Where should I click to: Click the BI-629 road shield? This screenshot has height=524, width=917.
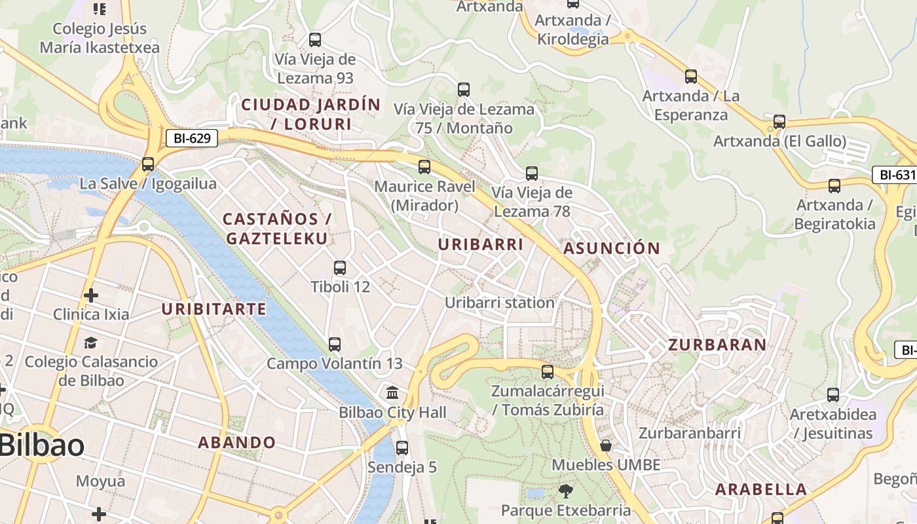click(x=191, y=138)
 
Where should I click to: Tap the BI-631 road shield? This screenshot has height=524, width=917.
click(x=894, y=175)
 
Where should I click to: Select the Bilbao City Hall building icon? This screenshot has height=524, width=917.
click(x=392, y=393)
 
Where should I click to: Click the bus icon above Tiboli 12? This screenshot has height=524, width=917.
click(x=339, y=267)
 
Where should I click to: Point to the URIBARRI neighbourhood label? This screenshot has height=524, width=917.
click(x=481, y=244)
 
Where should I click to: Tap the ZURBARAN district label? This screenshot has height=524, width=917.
click(x=717, y=345)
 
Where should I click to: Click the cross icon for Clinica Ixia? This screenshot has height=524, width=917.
click(x=91, y=295)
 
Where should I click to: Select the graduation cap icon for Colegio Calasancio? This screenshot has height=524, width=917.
click(x=90, y=343)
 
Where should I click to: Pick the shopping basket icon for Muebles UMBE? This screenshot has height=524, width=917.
click(x=606, y=446)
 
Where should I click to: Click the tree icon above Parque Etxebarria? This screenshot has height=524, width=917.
click(x=565, y=491)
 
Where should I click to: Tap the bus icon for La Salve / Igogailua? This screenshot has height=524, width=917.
click(x=148, y=164)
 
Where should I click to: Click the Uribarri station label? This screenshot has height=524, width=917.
click(x=500, y=303)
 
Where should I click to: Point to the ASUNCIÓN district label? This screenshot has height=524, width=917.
click(x=612, y=248)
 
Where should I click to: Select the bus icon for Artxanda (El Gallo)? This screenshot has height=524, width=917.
click(x=779, y=122)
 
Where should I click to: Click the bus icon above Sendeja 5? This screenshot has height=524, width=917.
click(x=402, y=448)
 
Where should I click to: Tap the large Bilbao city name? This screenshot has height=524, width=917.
click(x=42, y=445)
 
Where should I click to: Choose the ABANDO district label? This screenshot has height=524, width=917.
click(x=237, y=442)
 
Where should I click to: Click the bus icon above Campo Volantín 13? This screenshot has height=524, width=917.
click(x=334, y=344)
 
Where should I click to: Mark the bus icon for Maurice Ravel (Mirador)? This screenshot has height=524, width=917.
click(x=424, y=167)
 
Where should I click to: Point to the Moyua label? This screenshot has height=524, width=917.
click(x=100, y=481)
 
